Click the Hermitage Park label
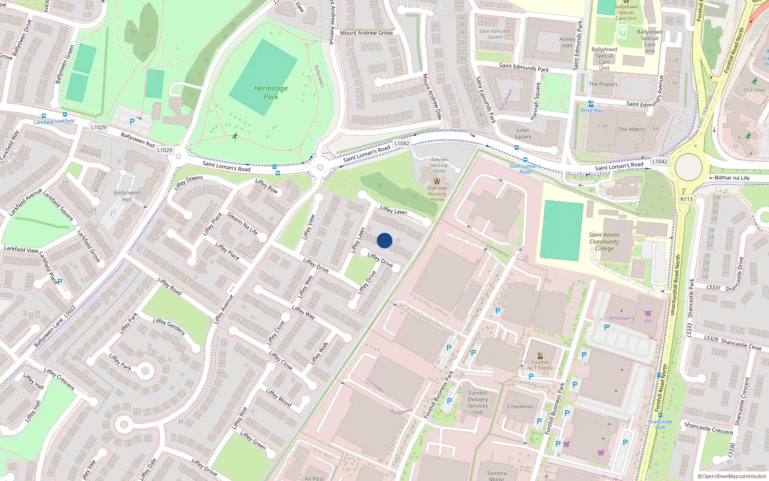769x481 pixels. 271,92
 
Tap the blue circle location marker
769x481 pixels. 384,240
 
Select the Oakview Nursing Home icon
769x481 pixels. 437,181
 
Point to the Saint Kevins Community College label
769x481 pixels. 604,241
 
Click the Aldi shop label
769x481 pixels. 648,321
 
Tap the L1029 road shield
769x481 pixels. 99,127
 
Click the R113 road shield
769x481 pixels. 686,199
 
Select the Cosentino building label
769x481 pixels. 520,406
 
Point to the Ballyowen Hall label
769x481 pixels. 126,196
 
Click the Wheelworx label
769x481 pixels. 621,318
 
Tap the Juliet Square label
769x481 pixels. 523,133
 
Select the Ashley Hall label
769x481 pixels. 567,42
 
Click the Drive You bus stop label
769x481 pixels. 591,110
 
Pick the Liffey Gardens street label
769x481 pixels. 169,327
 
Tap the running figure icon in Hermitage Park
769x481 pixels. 235,136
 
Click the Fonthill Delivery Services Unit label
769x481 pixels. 478,403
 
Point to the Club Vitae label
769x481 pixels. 754,90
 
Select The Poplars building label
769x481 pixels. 603,84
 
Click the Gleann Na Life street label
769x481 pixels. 242,223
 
